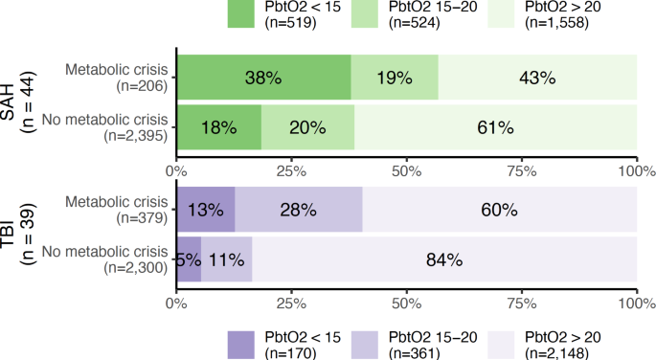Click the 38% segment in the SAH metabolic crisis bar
[x=263, y=78]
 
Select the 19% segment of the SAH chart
[x=395, y=78]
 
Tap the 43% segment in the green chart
[x=537, y=78]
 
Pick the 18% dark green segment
[x=218, y=127]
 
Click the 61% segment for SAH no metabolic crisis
[x=496, y=127]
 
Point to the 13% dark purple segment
[x=205, y=210]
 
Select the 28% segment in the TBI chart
[x=299, y=210]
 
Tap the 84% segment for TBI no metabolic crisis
[x=445, y=259]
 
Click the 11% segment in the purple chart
[x=227, y=259]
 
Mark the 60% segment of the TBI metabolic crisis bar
[x=500, y=210]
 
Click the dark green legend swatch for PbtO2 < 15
[x=251, y=12]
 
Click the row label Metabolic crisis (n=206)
[x=115, y=78]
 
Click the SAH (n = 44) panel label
[x=21, y=101]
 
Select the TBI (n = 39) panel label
[x=21, y=235]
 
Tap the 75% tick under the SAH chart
[x=522, y=171]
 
